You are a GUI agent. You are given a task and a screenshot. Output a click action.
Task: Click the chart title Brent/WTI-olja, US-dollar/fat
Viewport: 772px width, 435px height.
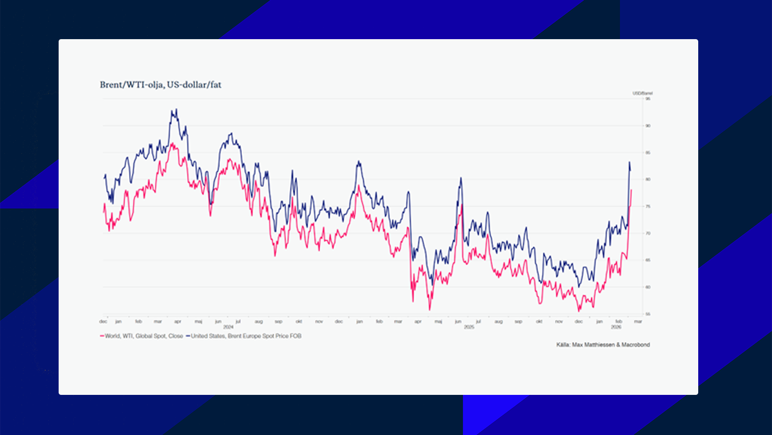coord(160,85)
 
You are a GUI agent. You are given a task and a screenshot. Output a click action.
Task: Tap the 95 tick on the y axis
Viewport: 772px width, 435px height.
coord(648,99)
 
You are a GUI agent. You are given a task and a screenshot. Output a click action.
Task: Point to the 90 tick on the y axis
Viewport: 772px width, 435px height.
coord(648,126)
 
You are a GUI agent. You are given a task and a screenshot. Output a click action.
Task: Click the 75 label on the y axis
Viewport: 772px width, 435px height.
coord(648,206)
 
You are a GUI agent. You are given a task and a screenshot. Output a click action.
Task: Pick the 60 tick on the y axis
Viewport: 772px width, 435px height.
coord(648,287)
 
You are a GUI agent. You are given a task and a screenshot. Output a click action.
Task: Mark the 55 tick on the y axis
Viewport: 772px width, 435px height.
coord(648,314)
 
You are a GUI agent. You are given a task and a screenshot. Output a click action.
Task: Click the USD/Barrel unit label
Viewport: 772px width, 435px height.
coord(643,93)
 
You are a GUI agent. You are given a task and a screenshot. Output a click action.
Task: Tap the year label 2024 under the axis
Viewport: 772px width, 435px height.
coord(228,327)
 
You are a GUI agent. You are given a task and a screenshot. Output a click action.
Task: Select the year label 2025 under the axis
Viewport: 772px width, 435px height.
coord(469,327)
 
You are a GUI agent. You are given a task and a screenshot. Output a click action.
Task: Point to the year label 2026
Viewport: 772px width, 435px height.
coord(616,327)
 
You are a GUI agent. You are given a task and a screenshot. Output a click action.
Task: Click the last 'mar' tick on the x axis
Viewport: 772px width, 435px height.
coord(638,321)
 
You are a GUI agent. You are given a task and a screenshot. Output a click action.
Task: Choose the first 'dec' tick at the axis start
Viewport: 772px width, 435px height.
coord(103,321)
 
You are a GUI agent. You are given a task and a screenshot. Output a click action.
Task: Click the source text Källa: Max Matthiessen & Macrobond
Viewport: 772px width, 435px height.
coord(603,345)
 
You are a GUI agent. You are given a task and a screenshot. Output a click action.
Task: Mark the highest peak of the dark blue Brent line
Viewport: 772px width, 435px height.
coord(176,110)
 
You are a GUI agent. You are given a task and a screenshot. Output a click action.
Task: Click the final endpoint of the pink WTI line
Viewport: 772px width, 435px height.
coord(631,190)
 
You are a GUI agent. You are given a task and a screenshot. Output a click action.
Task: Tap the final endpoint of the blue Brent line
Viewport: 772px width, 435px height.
coord(630,170)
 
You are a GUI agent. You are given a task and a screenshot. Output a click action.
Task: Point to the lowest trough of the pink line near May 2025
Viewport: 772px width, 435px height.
coord(429,310)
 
